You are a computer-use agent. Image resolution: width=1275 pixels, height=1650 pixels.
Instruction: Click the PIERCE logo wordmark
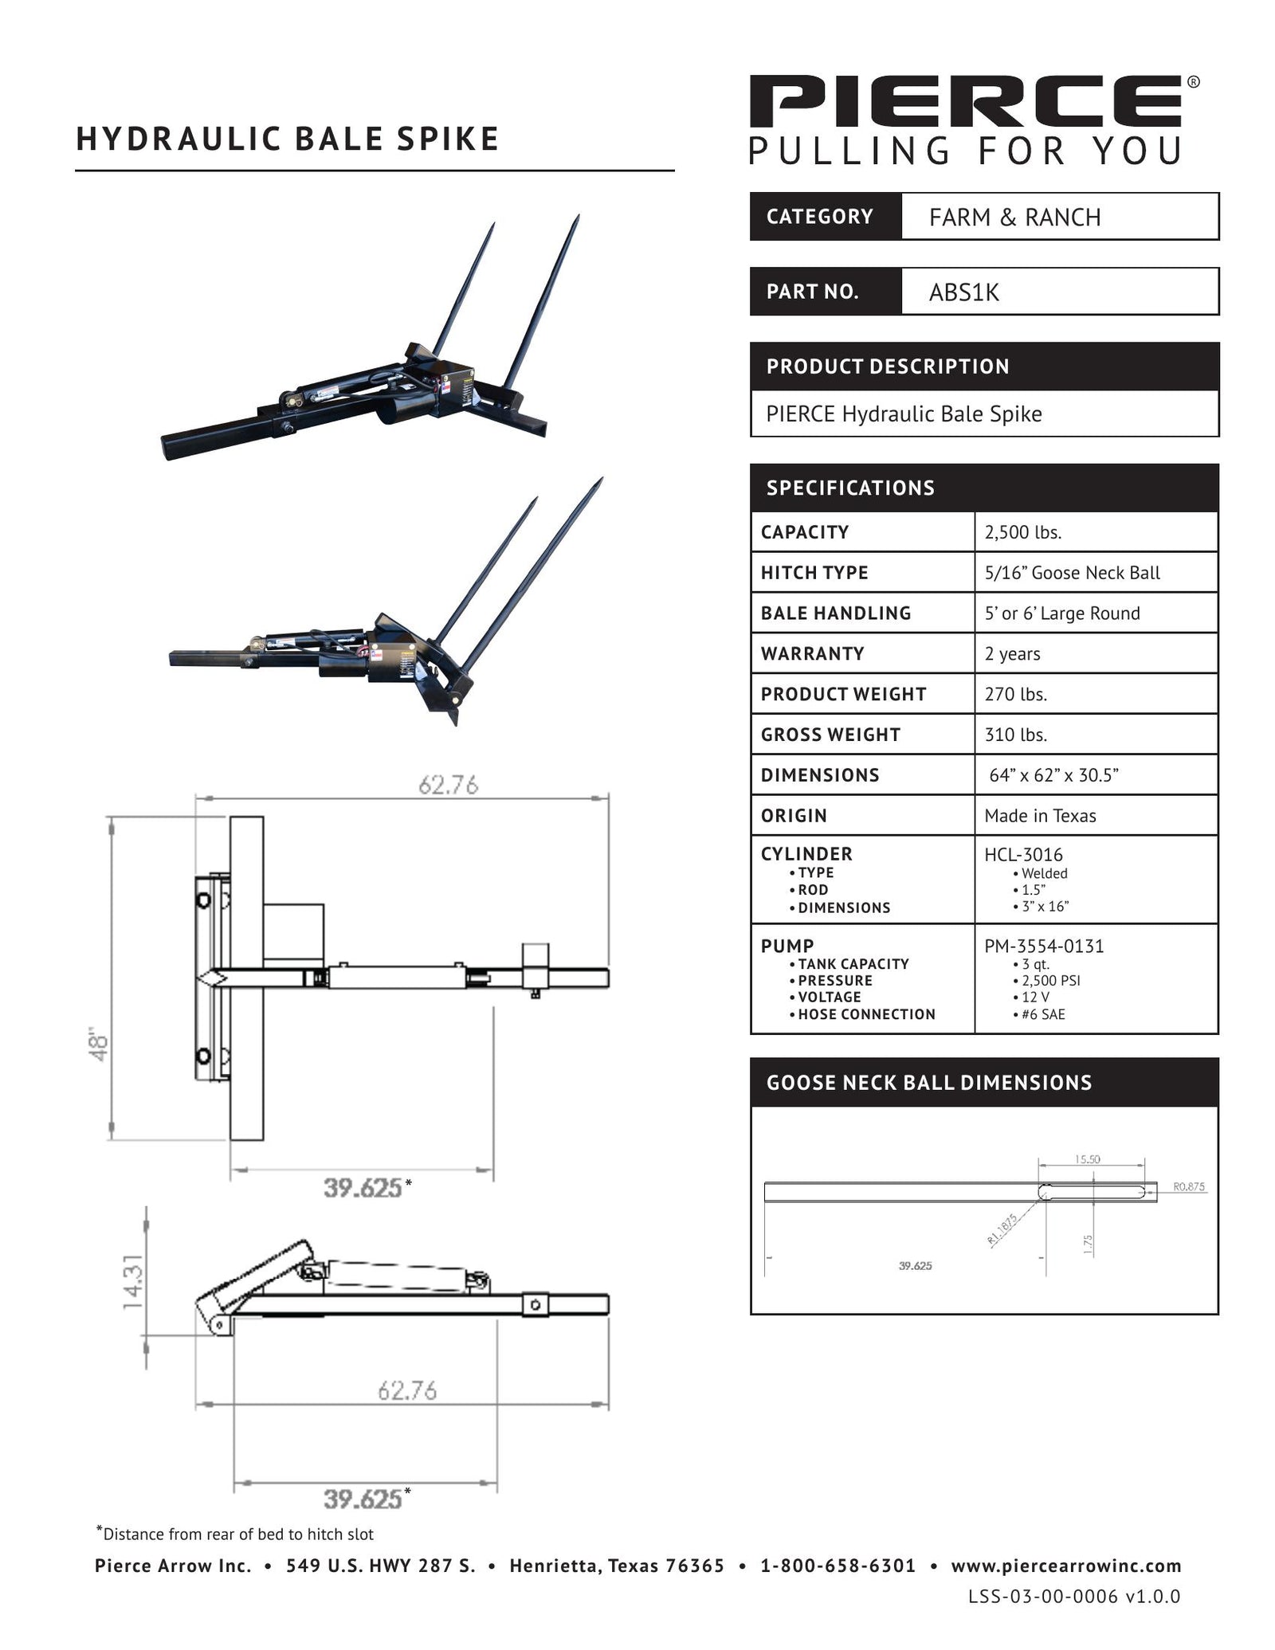(966, 101)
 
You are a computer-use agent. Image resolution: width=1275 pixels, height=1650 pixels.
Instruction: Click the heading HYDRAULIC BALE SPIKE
(287, 139)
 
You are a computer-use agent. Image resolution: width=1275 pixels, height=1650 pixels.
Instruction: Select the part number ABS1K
(963, 292)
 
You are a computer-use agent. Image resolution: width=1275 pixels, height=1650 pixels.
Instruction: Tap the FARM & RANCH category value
(1014, 217)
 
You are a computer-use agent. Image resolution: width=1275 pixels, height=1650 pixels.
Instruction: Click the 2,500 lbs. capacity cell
(1022, 532)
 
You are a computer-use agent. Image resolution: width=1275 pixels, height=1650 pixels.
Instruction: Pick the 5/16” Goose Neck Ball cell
(1072, 573)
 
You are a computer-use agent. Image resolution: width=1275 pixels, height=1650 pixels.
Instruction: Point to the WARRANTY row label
(812, 653)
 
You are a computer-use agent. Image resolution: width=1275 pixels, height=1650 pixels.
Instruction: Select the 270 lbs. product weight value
(1015, 694)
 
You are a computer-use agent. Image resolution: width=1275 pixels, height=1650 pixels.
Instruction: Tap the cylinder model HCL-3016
(1023, 855)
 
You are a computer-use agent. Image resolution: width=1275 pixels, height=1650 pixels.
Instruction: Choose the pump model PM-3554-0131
(1044, 946)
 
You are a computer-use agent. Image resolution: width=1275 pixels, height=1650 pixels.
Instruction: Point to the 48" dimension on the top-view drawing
(97, 1046)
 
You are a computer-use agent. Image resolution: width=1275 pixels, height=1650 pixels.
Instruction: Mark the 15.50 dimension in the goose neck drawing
(1087, 1159)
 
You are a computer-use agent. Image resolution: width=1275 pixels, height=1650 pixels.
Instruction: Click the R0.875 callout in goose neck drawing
(1188, 1186)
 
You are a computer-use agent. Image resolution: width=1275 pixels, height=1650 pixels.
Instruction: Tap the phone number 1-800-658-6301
(838, 1566)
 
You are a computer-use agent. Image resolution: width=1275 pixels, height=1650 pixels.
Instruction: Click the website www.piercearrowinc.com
(1065, 1566)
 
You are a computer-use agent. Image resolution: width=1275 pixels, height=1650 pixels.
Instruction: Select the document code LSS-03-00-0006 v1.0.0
(1073, 1596)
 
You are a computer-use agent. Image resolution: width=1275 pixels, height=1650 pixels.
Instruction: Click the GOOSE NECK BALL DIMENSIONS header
(928, 1082)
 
